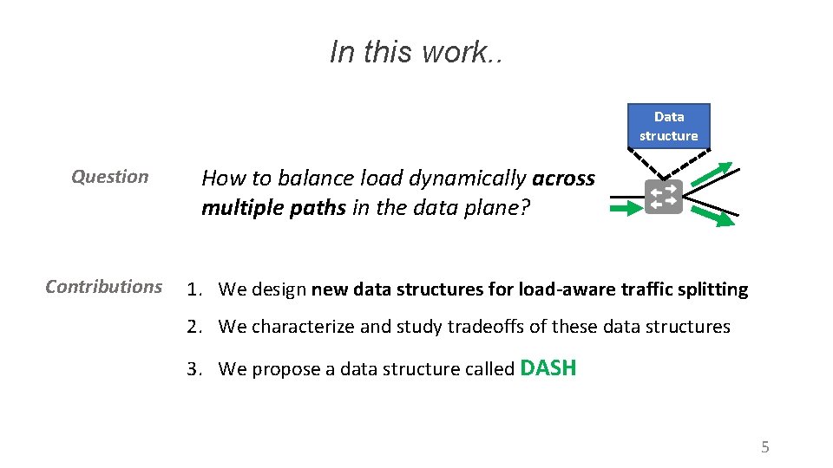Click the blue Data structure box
click(668, 126)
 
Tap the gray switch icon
click(664, 198)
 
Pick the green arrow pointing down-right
click(717, 218)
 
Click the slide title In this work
click(416, 52)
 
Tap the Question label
click(109, 177)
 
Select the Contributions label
click(103, 287)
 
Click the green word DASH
click(548, 367)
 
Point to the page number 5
click(764, 447)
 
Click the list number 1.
click(193, 289)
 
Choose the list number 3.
click(193, 369)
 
